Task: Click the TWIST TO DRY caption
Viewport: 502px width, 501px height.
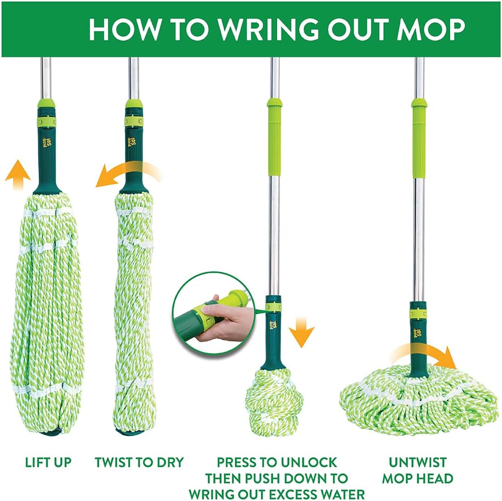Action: click(139, 462)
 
